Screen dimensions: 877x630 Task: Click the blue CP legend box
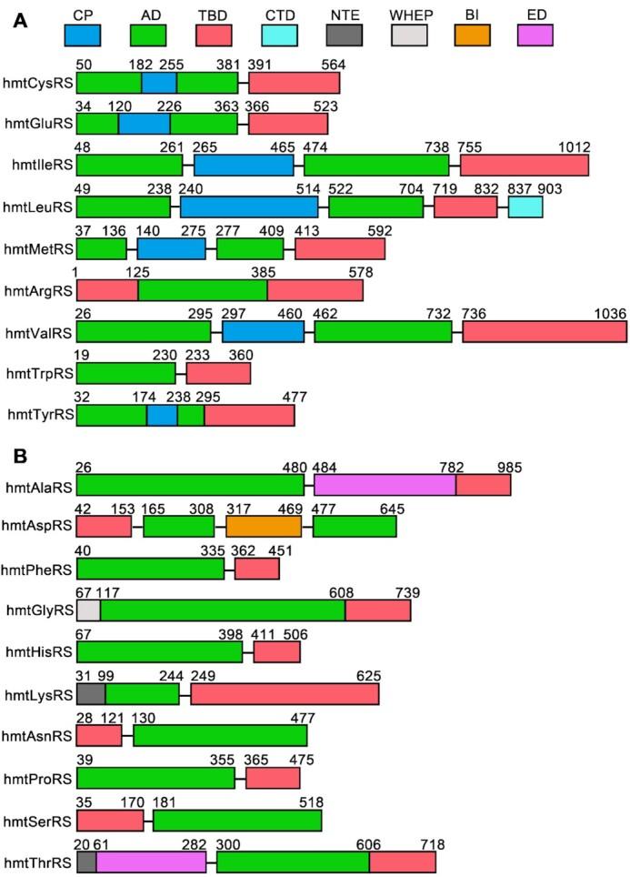pyautogui.click(x=83, y=35)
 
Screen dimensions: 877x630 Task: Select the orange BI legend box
pyautogui.click(x=471, y=35)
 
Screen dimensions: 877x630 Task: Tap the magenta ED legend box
pyautogui.click(x=535, y=35)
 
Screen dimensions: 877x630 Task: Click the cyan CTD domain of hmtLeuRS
pyautogui.click(x=525, y=207)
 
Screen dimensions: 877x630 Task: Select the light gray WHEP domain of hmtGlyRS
pyautogui.click(x=88, y=610)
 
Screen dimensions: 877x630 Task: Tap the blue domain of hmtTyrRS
pyautogui.click(x=162, y=415)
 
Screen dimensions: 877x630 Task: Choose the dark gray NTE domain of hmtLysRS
pyautogui.click(x=91, y=694)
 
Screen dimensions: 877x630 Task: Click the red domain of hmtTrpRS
pyautogui.click(x=218, y=373)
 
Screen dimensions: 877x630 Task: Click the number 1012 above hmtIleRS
pyautogui.click(x=573, y=147)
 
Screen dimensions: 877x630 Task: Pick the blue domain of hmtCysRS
pyautogui.click(x=159, y=82)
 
